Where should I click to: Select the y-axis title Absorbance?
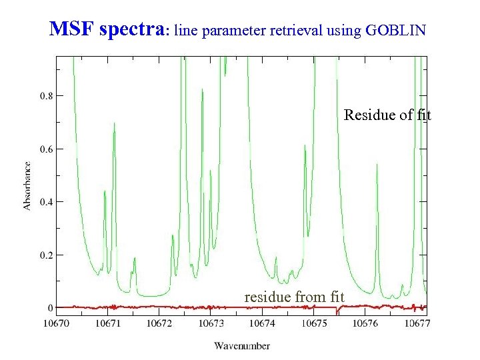pyautogui.click(x=27, y=185)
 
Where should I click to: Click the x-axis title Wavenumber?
pyautogui.click(x=242, y=345)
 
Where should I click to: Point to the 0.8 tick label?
pyautogui.click(x=47, y=96)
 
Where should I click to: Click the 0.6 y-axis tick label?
pyautogui.click(x=47, y=149)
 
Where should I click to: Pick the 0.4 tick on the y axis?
pyautogui.click(x=47, y=202)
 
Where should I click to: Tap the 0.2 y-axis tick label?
pyautogui.click(x=47, y=255)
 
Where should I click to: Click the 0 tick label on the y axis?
pyautogui.click(x=50, y=308)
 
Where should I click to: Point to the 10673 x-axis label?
pyautogui.click(x=211, y=323)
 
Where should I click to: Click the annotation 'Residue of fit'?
pyautogui.click(x=387, y=115)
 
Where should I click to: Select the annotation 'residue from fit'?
pyautogui.click(x=294, y=296)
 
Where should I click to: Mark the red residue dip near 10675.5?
pyautogui.click(x=339, y=312)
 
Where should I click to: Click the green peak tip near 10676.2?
pyautogui.click(x=377, y=164)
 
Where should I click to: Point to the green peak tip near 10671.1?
pyautogui.click(x=114, y=123)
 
